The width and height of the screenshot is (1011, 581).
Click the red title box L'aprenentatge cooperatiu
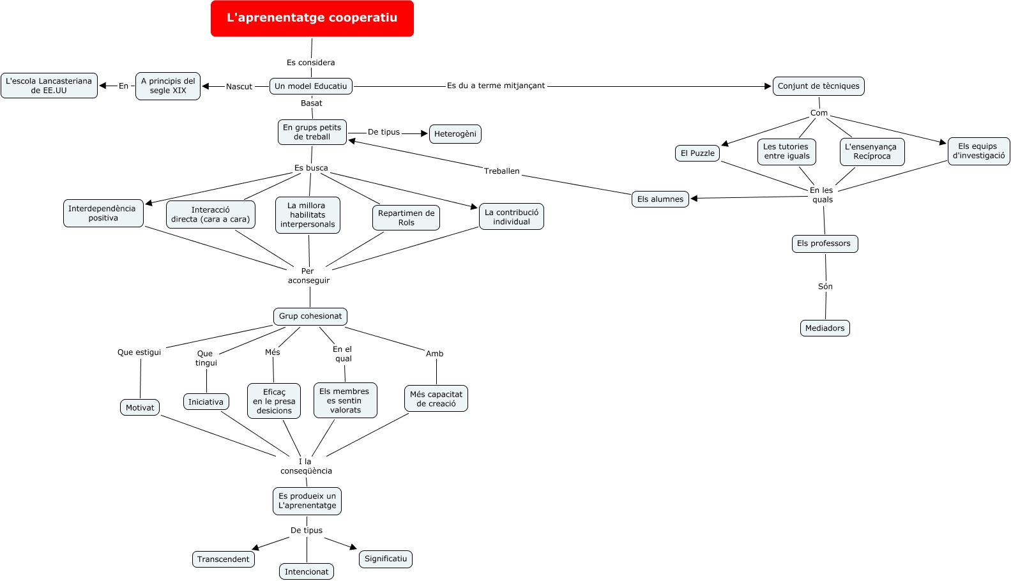tap(312, 19)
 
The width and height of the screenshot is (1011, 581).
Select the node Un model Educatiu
tap(311, 86)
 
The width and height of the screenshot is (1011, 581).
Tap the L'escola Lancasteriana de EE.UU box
tap(49, 86)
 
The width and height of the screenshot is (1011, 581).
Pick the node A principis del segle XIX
tap(168, 86)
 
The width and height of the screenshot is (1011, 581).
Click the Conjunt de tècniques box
tap(819, 86)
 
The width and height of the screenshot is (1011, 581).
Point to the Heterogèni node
tap(455, 134)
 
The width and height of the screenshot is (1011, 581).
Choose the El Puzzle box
tap(697, 153)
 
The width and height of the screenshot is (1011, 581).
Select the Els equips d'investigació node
tap(979, 151)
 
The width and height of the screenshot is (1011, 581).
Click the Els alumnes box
tap(660, 199)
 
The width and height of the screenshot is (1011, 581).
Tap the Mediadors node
tap(825, 328)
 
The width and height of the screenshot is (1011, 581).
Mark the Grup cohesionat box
tap(310, 316)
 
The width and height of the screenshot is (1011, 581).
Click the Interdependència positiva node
tap(103, 213)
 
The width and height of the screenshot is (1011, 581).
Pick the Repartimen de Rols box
tap(406, 218)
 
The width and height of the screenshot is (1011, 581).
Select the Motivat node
tap(140, 408)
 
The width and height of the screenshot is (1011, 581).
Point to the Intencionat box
tap(307, 571)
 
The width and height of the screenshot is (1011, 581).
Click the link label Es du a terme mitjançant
tap(496, 86)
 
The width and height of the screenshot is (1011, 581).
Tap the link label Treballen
tap(502, 171)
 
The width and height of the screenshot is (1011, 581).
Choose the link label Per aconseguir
tap(308, 276)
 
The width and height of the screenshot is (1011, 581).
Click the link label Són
tap(826, 287)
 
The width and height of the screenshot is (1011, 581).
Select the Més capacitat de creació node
tap(436, 399)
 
